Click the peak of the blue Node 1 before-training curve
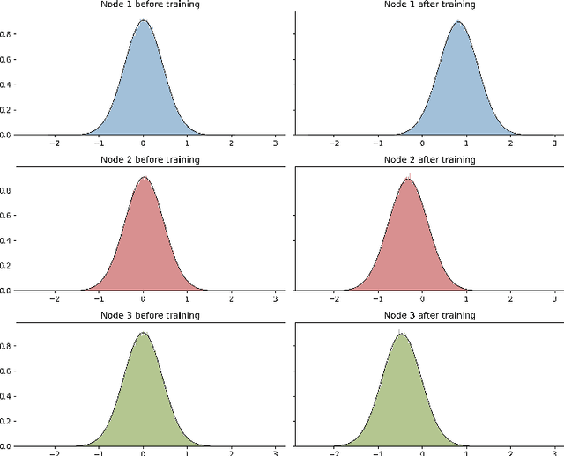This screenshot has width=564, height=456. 143,21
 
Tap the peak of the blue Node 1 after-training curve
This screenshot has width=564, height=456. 456,22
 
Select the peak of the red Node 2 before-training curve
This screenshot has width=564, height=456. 143,178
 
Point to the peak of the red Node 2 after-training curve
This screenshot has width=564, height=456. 407,179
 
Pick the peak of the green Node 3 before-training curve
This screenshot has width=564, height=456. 143,333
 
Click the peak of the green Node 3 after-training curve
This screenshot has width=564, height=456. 400,334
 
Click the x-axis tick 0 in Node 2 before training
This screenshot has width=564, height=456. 143,298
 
